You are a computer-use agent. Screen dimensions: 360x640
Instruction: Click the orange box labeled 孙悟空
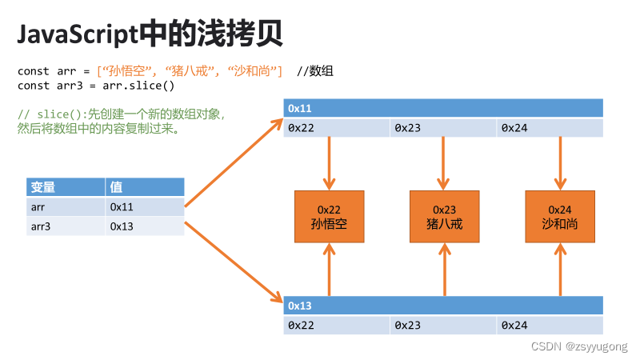(329, 217)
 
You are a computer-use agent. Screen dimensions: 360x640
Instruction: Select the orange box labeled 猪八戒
(444, 217)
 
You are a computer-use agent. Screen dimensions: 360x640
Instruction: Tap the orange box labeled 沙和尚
(559, 217)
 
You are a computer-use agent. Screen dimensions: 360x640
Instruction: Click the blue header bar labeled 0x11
(443, 108)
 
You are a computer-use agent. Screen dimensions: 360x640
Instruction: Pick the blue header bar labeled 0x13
(443, 306)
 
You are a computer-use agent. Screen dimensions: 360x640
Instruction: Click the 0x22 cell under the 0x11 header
(337, 127)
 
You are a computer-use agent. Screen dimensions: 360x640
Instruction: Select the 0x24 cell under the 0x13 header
(550, 325)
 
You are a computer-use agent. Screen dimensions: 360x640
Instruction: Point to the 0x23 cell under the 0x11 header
(444, 127)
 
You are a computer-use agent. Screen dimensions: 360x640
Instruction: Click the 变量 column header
(66, 187)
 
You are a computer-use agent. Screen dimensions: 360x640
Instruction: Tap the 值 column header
(145, 187)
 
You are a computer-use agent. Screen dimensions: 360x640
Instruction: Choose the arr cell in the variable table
(66, 207)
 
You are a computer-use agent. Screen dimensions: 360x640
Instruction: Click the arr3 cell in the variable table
(66, 226)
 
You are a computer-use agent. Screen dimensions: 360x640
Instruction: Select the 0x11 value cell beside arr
(145, 207)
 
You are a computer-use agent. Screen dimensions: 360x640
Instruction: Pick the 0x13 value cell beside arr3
(145, 226)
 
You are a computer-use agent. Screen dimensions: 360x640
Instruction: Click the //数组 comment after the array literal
(315, 71)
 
